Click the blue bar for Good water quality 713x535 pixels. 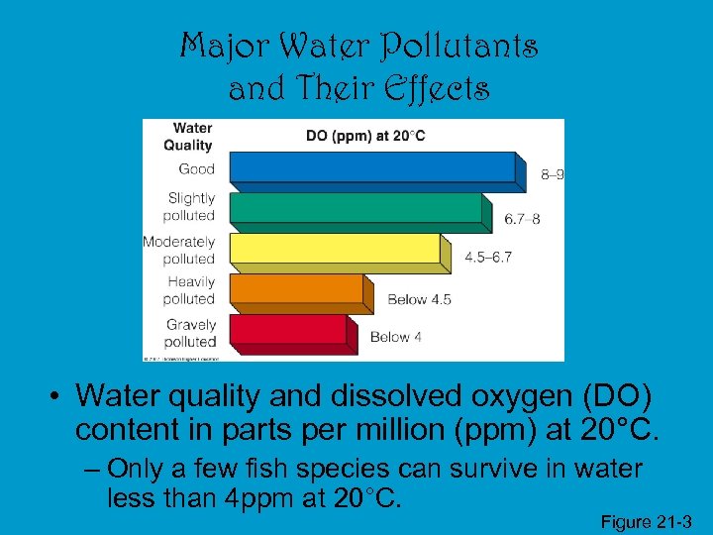point(371,168)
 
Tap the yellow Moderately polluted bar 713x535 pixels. point(334,250)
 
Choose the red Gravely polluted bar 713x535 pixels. point(287,330)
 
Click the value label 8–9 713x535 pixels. point(553,175)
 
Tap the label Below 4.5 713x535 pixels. point(419,299)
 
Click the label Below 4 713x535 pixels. point(396,337)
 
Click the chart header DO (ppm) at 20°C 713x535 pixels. point(365,136)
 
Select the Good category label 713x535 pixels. point(196,168)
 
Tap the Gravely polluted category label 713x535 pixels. point(190,333)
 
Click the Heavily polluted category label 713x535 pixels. point(190,290)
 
